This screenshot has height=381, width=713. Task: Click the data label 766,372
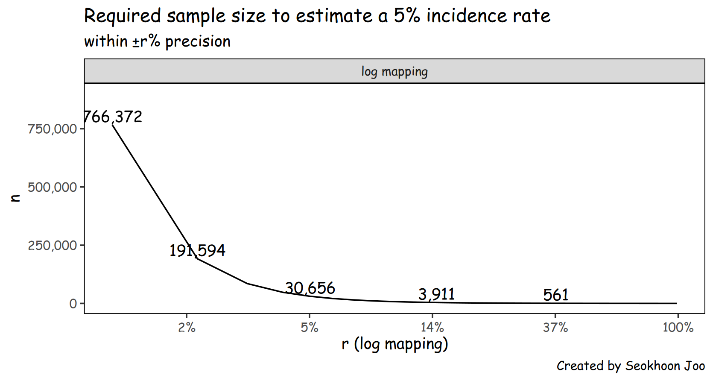coord(113,117)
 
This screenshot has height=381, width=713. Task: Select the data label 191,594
coord(197,250)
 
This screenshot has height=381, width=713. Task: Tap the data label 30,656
coord(310,288)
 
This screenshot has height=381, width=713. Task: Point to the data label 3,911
coord(436,294)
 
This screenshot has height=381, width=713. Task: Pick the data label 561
coord(556,295)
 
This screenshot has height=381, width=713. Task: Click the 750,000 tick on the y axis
coord(52,129)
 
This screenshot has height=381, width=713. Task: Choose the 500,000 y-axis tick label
coord(52,188)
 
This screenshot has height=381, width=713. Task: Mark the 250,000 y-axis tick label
coord(52,246)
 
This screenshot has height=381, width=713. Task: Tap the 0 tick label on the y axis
coord(73,304)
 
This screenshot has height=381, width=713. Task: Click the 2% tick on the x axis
coord(187,328)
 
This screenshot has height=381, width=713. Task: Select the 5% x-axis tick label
coord(310,328)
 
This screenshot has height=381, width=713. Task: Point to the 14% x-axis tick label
coord(432,328)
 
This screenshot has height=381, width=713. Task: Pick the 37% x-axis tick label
coord(555,328)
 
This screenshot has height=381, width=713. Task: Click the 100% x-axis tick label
coord(678,328)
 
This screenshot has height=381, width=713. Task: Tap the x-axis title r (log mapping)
coord(394,344)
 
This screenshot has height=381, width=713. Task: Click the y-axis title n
coord(15,198)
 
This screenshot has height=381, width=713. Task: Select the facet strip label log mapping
coord(394,71)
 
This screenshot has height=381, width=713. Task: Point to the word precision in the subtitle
coord(198,42)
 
